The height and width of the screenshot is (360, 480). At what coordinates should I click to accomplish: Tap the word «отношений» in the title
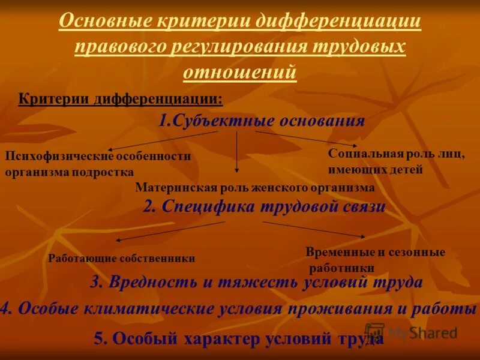[239, 71]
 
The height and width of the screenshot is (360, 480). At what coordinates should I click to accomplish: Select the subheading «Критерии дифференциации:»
[120, 98]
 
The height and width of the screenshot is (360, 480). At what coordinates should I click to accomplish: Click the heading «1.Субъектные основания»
[262, 121]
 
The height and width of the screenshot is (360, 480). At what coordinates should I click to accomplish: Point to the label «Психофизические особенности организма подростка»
[98, 164]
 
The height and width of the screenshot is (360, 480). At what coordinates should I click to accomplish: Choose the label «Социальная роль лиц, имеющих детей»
[396, 161]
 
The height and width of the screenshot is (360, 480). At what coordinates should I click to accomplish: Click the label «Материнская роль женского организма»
[255, 188]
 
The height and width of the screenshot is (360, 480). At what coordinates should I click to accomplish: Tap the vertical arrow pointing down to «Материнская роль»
[237, 152]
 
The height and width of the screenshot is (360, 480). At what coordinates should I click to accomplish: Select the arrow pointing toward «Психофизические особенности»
[162, 140]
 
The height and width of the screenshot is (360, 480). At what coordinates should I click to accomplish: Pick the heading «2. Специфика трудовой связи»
[264, 207]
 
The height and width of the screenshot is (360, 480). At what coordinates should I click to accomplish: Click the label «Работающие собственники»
[121, 259]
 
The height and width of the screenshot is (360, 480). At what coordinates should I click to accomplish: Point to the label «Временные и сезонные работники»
[375, 260]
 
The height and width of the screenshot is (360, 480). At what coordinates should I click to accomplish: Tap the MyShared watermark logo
[411, 332]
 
